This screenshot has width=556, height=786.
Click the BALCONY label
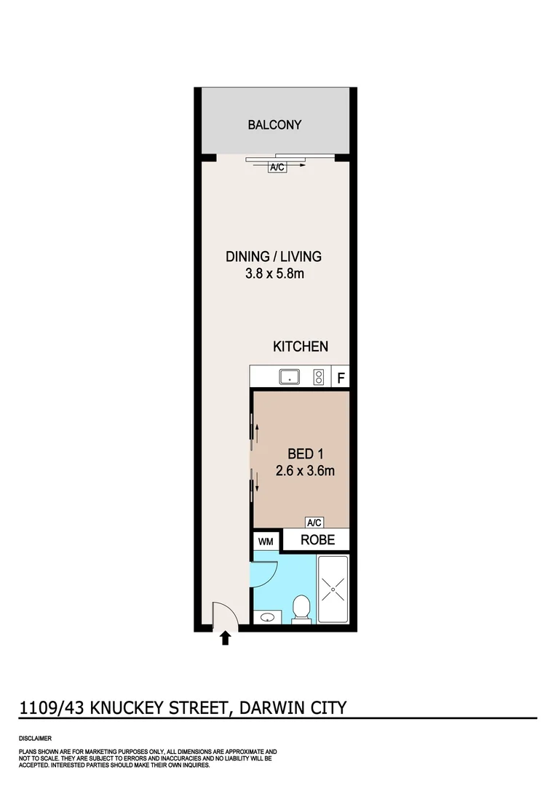[274, 124]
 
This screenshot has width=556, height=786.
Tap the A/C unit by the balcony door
[277, 167]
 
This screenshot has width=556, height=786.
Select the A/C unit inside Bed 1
[314, 523]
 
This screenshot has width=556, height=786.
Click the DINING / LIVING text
[274, 256]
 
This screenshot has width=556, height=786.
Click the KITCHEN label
[301, 346]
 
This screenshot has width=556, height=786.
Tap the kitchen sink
[290, 377]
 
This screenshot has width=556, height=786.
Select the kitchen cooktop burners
[318, 377]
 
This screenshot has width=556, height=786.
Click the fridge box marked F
[340, 378]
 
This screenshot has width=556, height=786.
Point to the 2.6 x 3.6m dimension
[305, 471]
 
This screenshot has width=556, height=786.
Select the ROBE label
[317, 540]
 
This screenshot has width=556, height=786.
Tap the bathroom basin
[267, 618]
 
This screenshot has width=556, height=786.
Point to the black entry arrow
[225, 638]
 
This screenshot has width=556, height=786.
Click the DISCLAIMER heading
[35, 738]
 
